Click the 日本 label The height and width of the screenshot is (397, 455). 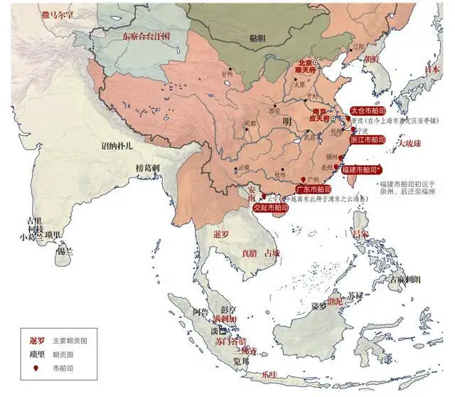point(432,69)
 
